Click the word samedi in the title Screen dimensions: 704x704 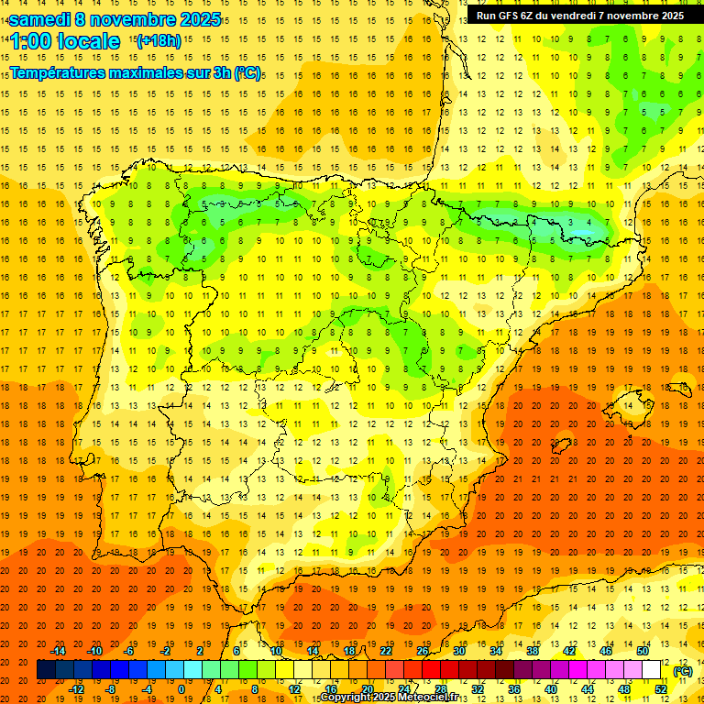pyautogui.click(x=42, y=19)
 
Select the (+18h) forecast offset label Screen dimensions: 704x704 pyautogui.click(x=159, y=40)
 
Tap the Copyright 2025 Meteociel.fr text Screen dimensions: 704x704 pyautogui.click(x=389, y=698)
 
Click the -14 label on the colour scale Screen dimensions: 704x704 pyautogui.click(x=59, y=650)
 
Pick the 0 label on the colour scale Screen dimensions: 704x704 pyautogui.click(x=181, y=689)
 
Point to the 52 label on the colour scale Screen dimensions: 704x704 pyautogui.click(x=661, y=689)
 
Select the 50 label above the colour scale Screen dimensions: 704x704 pyautogui.click(x=643, y=650)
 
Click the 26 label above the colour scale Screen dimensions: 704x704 pyautogui.click(x=423, y=650)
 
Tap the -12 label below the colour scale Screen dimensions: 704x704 pyautogui.click(x=76, y=689)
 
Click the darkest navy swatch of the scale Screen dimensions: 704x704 pyautogui.click(x=46, y=670)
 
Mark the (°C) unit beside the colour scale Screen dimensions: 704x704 pyautogui.click(x=683, y=670)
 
